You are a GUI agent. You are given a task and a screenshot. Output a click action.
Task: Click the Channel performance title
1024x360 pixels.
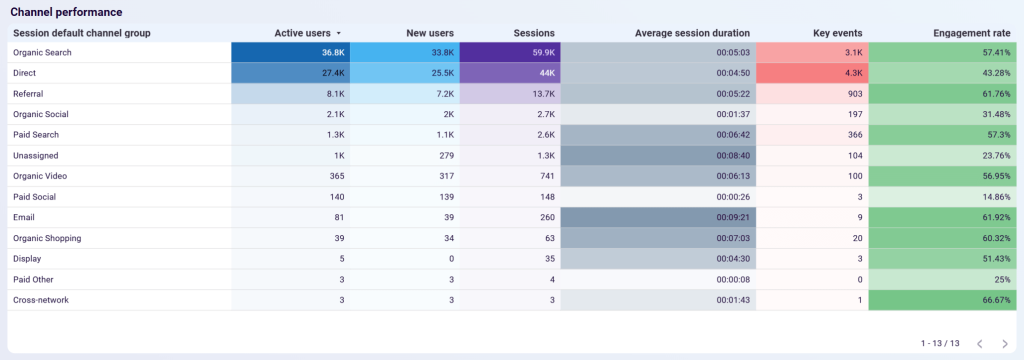click(67, 12)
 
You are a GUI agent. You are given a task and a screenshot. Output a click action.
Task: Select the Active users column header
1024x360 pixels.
click(302, 33)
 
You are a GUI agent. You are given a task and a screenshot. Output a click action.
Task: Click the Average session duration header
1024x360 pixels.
click(692, 33)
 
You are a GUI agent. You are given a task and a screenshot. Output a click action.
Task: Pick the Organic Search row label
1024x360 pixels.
click(42, 52)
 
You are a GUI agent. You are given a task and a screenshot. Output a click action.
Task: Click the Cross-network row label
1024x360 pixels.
click(41, 300)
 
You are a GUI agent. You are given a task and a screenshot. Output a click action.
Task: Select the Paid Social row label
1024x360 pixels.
click(35, 197)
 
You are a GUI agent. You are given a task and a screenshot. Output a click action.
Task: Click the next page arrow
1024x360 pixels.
click(1006, 344)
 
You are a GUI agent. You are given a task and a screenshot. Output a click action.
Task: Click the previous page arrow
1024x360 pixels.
click(980, 344)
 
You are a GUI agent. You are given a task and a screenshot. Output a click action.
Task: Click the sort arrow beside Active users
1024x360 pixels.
click(338, 34)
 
